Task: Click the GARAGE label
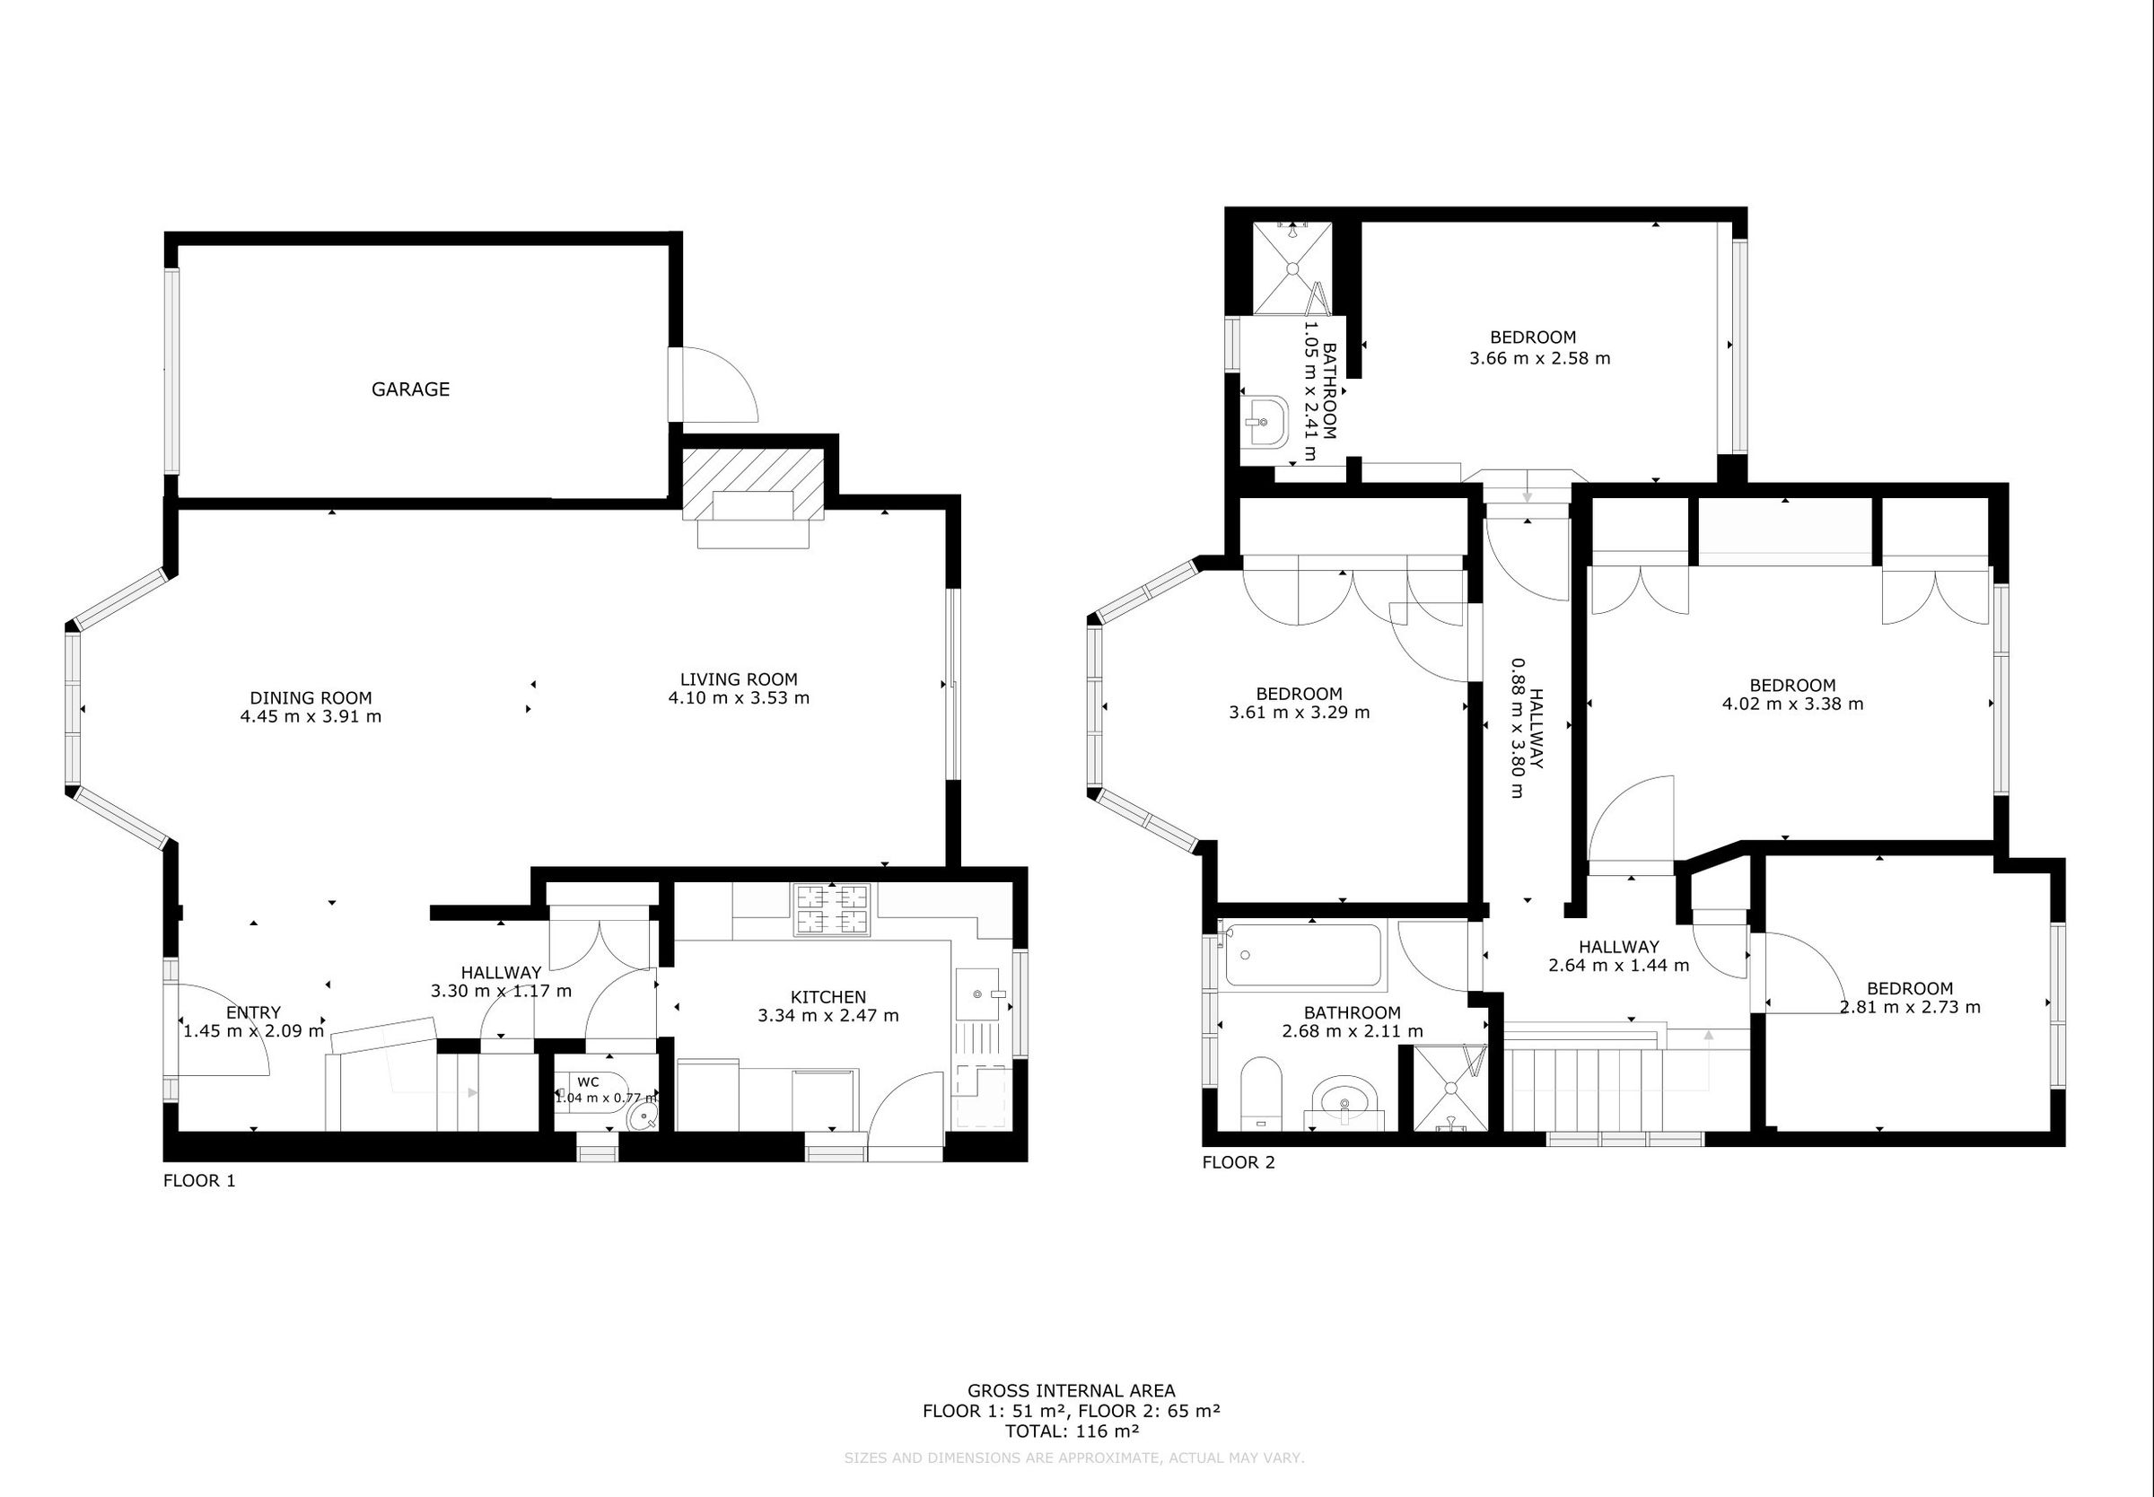[x=410, y=390]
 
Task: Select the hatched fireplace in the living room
[x=753, y=483]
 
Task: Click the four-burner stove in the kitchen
[x=832, y=910]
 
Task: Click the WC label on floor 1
[x=588, y=1082]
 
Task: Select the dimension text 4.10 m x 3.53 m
[x=738, y=698]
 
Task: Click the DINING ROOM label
[x=311, y=698]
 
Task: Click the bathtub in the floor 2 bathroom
[x=1303, y=956]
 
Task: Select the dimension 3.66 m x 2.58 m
[x=1539, y=358]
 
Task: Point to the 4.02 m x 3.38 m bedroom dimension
[x=1792, y=704]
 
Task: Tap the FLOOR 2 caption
[x=1238, y=1163]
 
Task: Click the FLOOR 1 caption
[x=199, y=1181]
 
